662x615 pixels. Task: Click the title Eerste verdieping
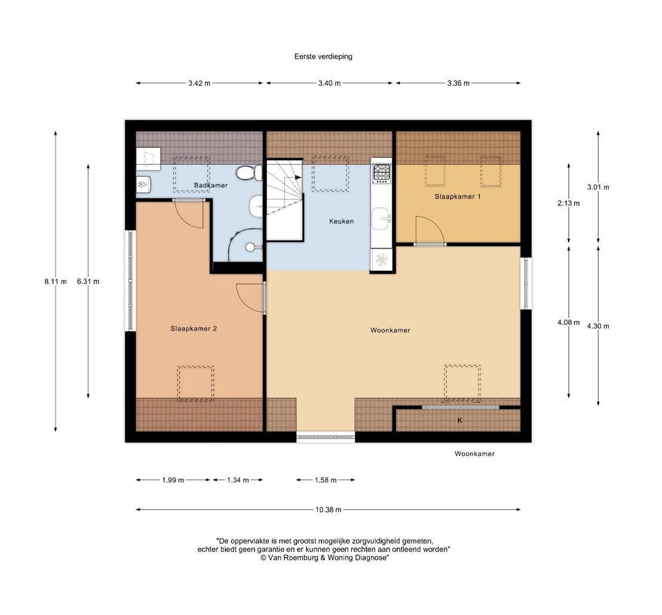coord(323,57)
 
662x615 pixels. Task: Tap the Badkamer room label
coord(211,185)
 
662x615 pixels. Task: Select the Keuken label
coord(342,221)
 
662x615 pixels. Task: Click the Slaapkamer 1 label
coord(458,197)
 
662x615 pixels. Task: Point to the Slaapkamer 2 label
coord(194,328)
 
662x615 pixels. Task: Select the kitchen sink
coord(381,218)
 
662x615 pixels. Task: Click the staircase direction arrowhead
coord(298,178)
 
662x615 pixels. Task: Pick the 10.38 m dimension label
coord(328,510)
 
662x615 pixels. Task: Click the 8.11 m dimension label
coord(56,282)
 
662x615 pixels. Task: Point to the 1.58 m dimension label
coord(326,480)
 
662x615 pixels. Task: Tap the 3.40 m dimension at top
coord(329,83)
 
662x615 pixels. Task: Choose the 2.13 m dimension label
coord(568,203)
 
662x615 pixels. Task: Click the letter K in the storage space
coord(460,420)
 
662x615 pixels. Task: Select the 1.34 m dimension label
coord(238,480)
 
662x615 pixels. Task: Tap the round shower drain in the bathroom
coord(250,247)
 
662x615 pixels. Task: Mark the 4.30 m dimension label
coord(598,326)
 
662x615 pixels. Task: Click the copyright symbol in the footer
coord(263,558)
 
